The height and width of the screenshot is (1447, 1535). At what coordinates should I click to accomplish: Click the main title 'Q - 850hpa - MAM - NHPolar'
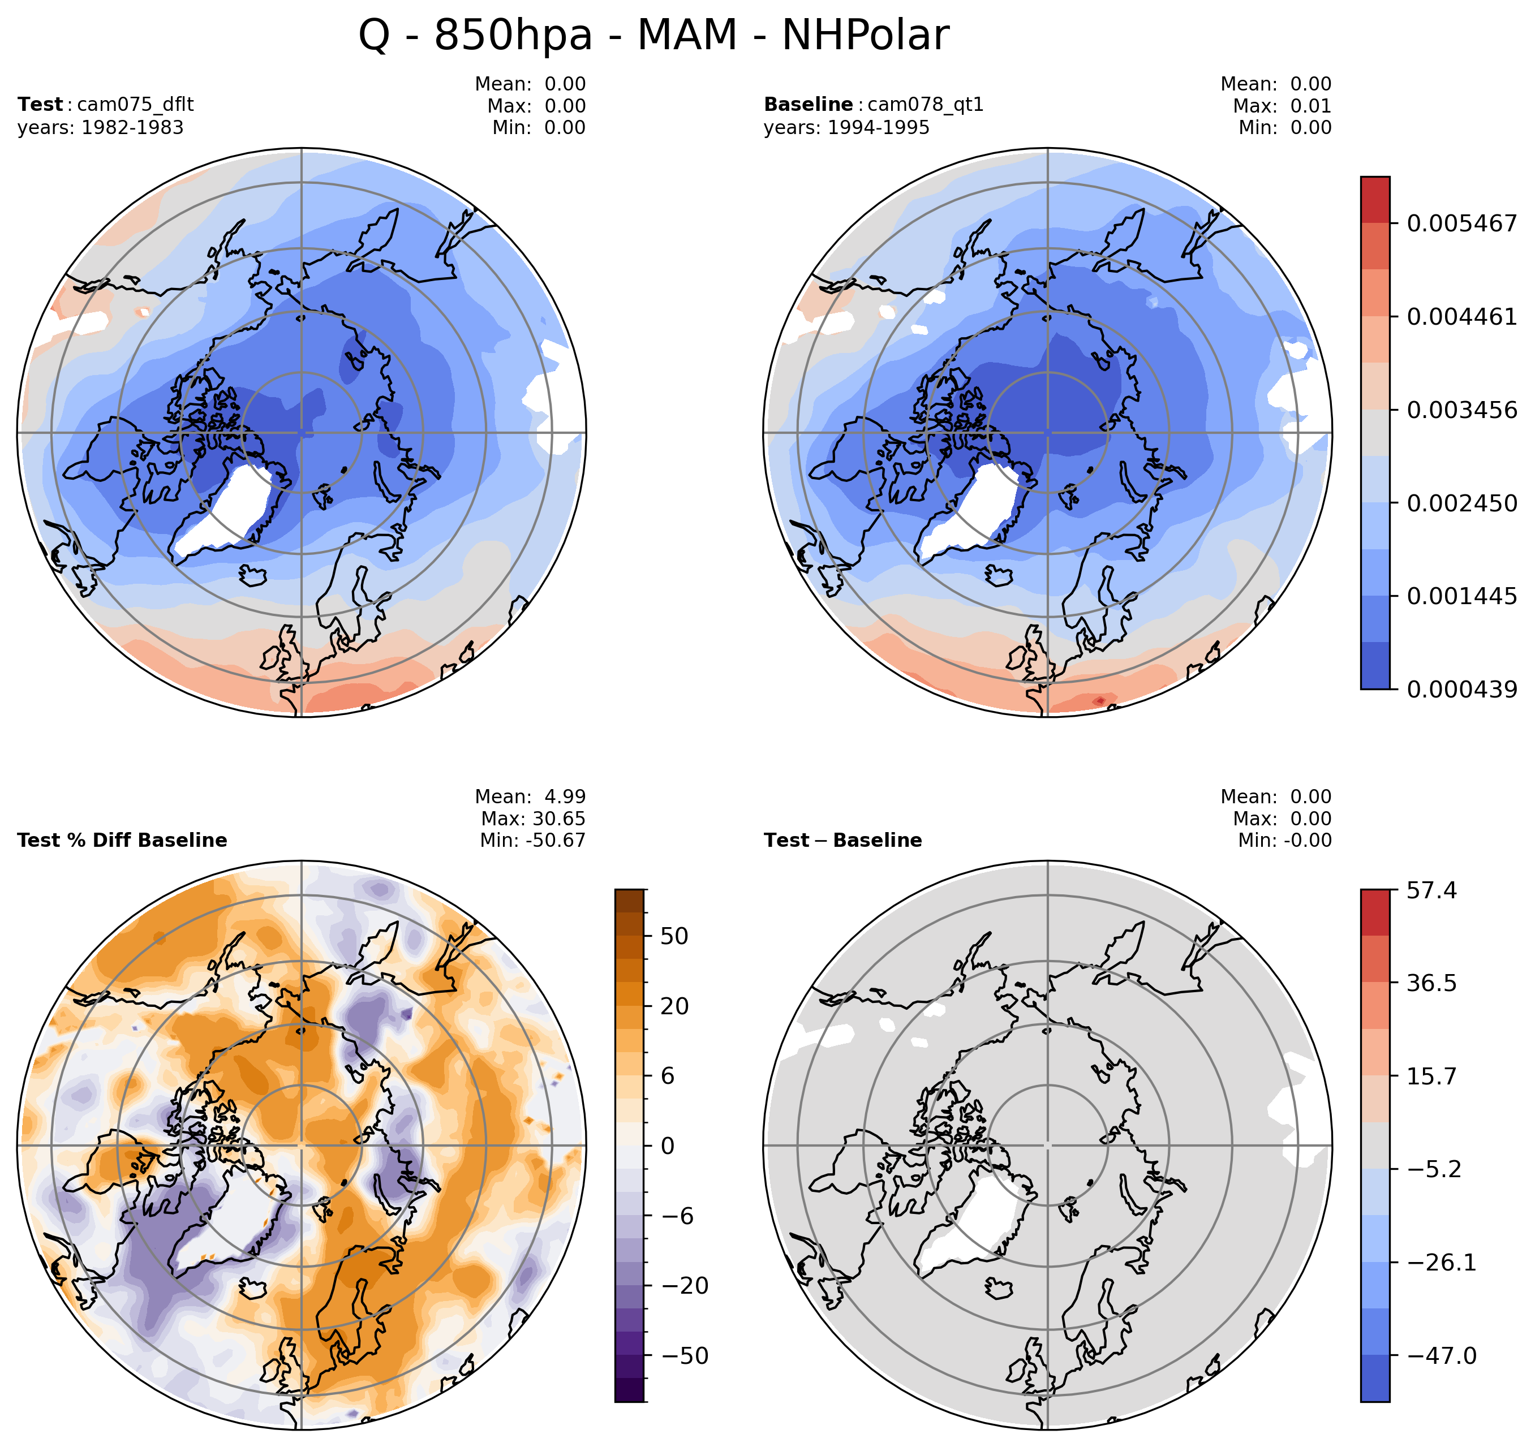[x=653, y=36]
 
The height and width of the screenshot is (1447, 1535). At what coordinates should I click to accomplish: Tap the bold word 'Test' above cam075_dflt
[x=40, y=104]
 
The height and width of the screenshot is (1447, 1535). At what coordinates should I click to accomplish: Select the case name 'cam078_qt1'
[x=926, y=104]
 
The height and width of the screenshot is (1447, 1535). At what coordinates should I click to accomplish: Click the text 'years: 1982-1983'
[x=100, y=127]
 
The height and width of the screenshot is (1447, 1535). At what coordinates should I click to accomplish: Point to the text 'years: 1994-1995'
[x=846, y=127]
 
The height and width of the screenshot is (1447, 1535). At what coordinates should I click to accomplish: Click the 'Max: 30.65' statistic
[x=533, y=819]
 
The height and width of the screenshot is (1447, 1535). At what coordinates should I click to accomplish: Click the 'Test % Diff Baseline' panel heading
[x=122, y=840]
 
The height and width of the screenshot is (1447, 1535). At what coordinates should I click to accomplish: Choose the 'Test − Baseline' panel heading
[x=842, y=840]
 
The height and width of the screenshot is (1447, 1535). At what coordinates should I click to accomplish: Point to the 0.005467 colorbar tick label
[x=1461, y=224]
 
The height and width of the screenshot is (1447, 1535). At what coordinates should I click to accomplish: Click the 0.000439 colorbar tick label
[x=1461, y=690]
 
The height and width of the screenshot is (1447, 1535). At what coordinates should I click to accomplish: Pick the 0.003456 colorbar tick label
[x=1461, y=410]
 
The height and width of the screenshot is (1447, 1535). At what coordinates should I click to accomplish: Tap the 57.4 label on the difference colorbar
[x=1431, y=890]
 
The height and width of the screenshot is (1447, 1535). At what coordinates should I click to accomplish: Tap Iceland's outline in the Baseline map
[x=999, y=575]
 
